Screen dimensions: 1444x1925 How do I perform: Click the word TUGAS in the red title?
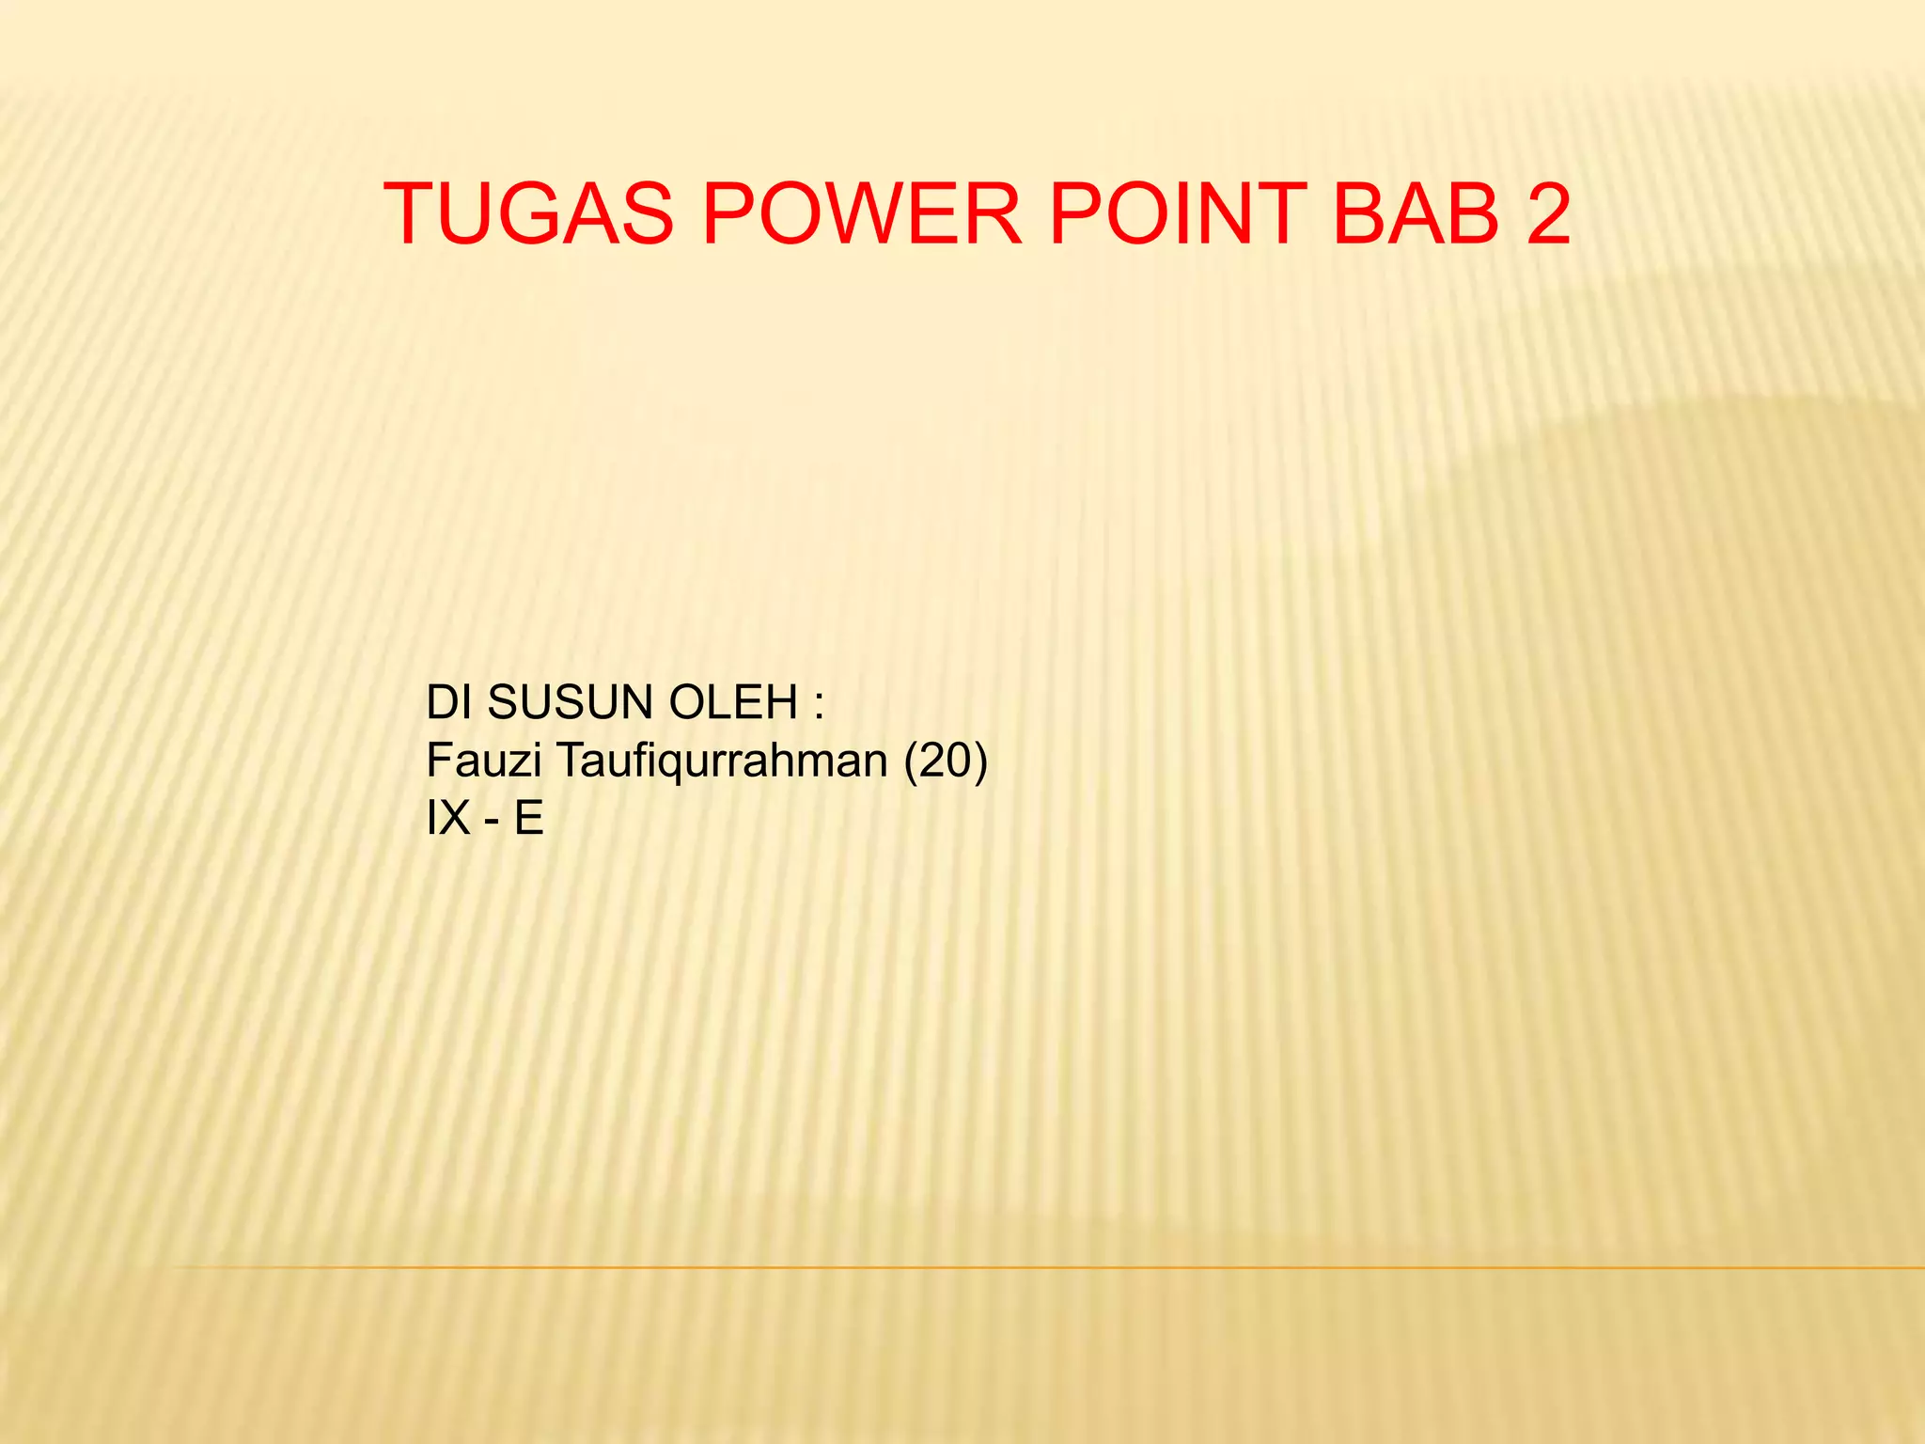[x=529, y=214]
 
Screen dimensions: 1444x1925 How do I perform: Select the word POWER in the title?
[x=861, y=214]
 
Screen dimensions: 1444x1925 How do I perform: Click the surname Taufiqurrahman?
[x=722, y=760]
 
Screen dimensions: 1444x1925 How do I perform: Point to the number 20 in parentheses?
[x=946, y=760]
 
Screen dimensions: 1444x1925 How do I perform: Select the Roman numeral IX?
[x=447, y=818]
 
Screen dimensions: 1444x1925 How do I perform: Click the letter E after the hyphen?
[x=528, y=818]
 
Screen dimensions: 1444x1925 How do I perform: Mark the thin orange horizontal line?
[x=1034, y=1268]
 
